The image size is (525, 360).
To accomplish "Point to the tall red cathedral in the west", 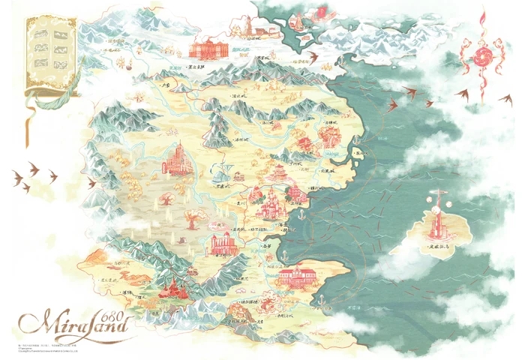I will (177, 159).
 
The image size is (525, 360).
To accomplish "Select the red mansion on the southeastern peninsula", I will (298, 275).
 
